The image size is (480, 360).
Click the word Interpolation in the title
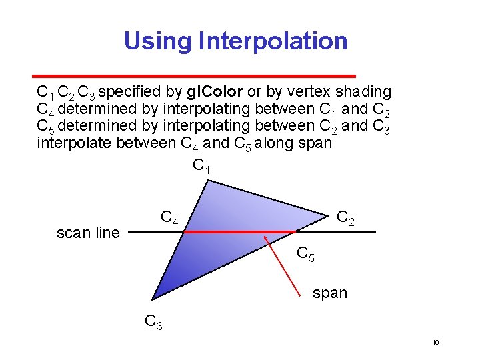pyautogui.click(x=273, y=41)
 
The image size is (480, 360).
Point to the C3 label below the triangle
pyautogui.click(x=154, y=322)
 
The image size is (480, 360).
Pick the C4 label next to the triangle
pyautogui.click(x=169, y=218)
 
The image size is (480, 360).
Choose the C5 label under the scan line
pyautogui.click(x=305, y=254)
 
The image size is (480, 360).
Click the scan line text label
pyautogui.click(x=88, y=233)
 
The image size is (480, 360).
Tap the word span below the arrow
pyautogui.click(x=330, y=293)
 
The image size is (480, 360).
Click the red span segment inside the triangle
pyautogui.click(x=240, y=232)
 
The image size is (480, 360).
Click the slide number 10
pyautogui.click(x=435, y=343)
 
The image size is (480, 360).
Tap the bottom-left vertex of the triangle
pyautogui.click(x=152, y=299)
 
